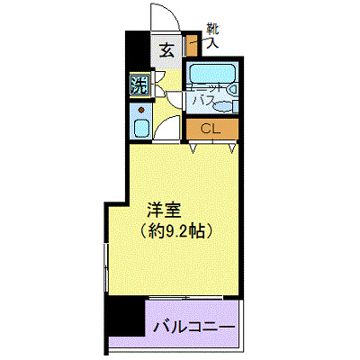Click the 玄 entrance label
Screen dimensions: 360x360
[166, 49]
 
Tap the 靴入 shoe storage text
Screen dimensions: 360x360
[211, 37]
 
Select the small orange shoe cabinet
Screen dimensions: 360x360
[189, 44]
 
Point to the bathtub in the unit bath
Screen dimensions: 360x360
[211, 75]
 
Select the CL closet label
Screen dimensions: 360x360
[211, 129]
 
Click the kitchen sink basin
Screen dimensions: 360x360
[140, 127]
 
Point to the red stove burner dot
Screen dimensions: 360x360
[141, 110]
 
